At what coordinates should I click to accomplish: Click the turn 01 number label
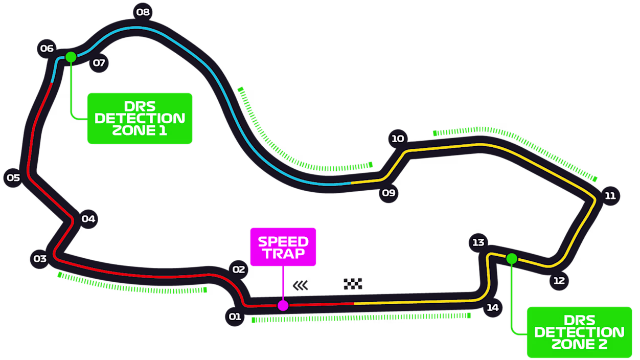(x=235, y=317)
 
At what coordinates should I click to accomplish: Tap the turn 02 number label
(x=239, y=269)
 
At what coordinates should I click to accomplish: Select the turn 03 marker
(x=40, y=259)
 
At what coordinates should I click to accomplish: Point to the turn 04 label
(x=88, y=219)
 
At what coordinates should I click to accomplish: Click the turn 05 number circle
(x=13, y=178)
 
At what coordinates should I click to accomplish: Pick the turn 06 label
(x=47, y=49)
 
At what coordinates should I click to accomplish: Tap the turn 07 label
(x=99, y=63)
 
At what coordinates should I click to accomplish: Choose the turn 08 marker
(x=143, y=12)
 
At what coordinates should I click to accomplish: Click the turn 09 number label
(x=389, y=193)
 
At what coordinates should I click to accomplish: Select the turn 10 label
(x=398, y=139)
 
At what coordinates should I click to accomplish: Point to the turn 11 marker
(x=610, y=196)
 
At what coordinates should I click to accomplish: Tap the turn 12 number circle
(x=559, y=281)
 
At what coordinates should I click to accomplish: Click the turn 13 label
(x=478, y=242)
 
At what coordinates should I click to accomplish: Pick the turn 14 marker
(x=493, y=308)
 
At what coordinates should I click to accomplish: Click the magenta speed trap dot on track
(x=283, y=306)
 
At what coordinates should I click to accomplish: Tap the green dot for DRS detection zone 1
(x=71, y=57)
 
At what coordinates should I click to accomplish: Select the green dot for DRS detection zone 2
(x=512, y=259)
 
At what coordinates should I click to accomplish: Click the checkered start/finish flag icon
(x=353, y=284)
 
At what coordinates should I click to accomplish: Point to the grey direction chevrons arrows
(x=301, y=285)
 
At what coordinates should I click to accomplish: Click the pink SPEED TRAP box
(x=283, y=247)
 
